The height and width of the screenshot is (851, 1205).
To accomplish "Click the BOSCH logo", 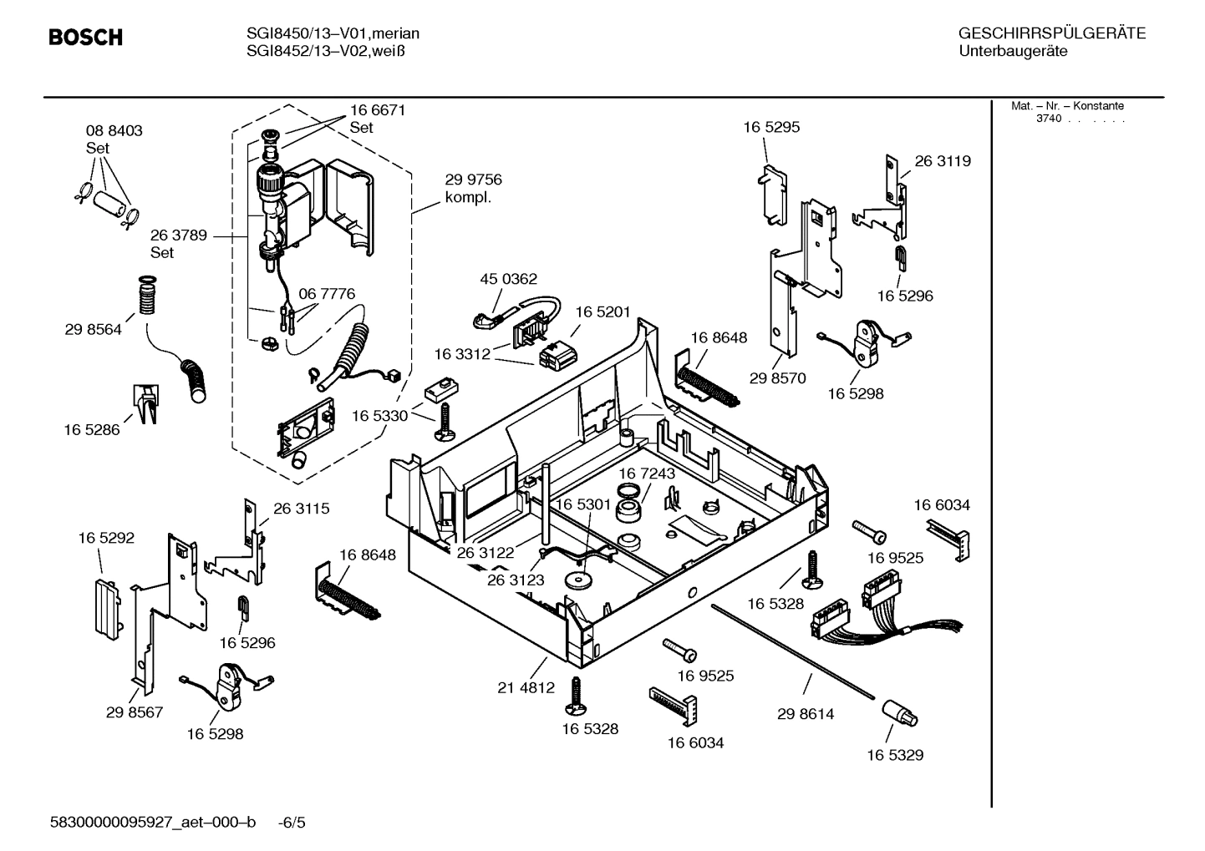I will (85, 38).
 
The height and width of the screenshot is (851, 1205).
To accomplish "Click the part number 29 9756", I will (473, 180).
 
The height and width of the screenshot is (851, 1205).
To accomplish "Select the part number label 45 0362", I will (508, 279).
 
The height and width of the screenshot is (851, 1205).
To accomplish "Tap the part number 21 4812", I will (526, 688).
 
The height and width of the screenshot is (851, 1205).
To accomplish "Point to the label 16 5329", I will (895, 755).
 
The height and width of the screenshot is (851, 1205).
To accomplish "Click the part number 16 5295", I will (771, 127).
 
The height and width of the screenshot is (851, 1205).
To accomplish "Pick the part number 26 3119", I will (943, 161).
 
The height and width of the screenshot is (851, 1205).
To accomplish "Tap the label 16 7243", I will (647, 474).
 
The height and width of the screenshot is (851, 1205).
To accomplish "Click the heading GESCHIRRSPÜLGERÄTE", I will (1051, 33).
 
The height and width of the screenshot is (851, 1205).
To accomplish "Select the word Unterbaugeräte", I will (1013, 51).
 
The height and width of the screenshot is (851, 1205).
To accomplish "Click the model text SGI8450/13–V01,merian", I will (333, 33).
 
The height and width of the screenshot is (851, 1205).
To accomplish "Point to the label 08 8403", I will (114, 130).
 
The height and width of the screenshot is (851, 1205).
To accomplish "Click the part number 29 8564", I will (93, 329).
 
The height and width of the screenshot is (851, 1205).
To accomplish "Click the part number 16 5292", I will (106, 539).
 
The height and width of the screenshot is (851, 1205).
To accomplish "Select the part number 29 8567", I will (135, 712).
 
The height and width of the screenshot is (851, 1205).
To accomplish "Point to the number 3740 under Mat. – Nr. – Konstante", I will (1048, 119).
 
